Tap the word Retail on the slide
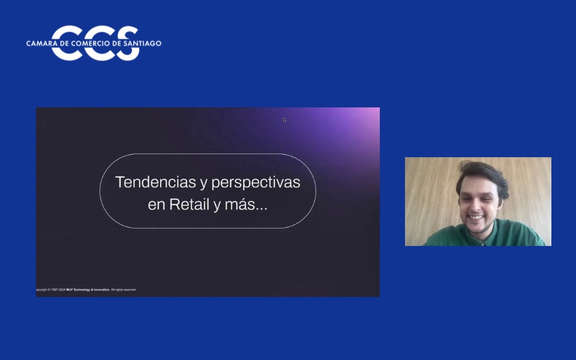pyautogui.click(x=189, y=205)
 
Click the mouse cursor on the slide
pyautogui.click(x=284, y=120)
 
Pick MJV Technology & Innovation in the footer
pyautogui.click(x=88, y=290)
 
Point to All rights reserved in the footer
pyautogui.click(x=124, y=290)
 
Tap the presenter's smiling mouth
pyautogui.click(x=475, y=217)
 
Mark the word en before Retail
pyautogui.click(x=156, y=205)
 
